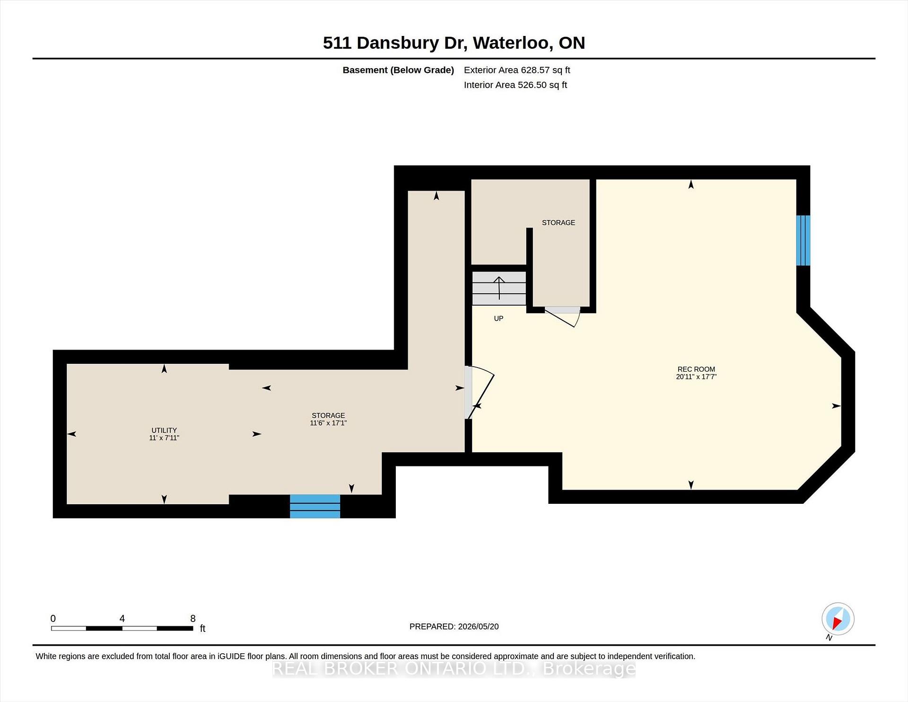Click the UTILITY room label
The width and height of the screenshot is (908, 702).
point(164,430)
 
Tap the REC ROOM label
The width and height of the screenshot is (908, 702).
point(696,369)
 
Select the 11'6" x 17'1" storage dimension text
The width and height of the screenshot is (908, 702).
point(328,423)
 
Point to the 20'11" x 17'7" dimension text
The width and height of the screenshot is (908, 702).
point(696,377)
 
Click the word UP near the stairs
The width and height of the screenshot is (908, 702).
point(498,318)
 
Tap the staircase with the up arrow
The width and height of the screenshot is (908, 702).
point(499,288)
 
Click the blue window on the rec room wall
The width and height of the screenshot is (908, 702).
point(803,240)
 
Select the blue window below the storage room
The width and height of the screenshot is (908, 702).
point(315,506)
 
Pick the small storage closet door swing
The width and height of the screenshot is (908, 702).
point(562,317)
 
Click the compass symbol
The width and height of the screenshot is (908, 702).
point(838,619)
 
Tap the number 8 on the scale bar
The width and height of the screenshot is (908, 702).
point(193,618)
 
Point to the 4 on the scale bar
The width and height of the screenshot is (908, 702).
point(122,618)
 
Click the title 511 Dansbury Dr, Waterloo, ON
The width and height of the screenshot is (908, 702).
point(454,43)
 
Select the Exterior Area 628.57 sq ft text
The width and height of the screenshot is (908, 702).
point(517,70)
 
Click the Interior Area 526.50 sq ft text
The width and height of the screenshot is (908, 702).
point(515,85)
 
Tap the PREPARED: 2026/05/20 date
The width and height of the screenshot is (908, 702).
point(454,626)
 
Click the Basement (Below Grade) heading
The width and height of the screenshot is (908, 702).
point(398,70)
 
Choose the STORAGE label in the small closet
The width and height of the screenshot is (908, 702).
point(559,222)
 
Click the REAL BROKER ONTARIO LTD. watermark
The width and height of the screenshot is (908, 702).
point(454,668)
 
